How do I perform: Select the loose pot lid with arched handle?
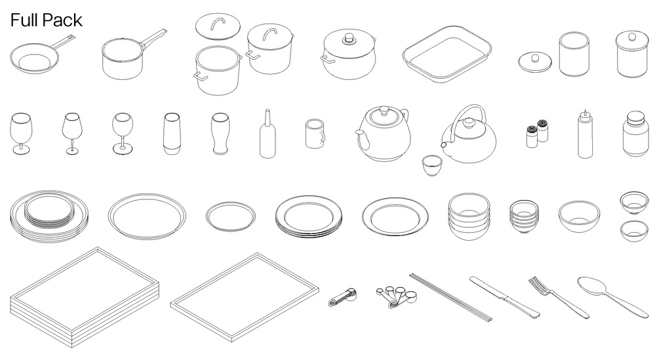point(218,26)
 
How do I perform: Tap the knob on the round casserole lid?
point(348,38)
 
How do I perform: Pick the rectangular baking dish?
point(447,54)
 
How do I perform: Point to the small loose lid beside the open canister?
point(534,62)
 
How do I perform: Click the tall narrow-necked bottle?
point(268,134)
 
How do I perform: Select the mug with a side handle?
point(315,134)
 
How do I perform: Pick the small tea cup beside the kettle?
point(432,165)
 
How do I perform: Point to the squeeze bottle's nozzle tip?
point(584,111)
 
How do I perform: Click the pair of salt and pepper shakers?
point(538,133)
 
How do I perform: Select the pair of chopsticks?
point(451,298)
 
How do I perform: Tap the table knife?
point(504,296)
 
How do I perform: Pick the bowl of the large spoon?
point(591,286)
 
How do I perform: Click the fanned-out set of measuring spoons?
point(397,296)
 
